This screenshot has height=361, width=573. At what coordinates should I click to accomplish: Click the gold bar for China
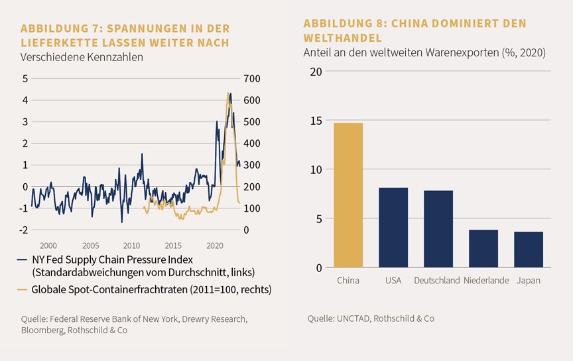pyautogui.click(x=348, y=195)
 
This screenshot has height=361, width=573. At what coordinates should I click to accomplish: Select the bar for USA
pyautogui.click(x=393, y=228)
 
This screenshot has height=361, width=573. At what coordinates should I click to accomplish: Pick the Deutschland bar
pyautogui.click(x=438, y=229)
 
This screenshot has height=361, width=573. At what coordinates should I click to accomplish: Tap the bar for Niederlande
pyautogui.click(x=483, y=249)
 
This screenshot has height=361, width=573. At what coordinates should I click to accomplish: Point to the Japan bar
pyautogui.click(x=529, y=250)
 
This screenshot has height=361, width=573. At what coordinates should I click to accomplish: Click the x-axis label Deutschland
pyautogui.click(x=436, y=281)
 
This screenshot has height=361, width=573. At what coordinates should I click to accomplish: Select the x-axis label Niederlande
pyautogui.click(x=486, y=281)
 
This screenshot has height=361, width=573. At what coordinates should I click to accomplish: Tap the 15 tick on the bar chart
pyautogui.click(x=316, y=121)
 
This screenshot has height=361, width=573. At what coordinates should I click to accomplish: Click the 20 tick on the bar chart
pyautogui.click(x=316, y=72)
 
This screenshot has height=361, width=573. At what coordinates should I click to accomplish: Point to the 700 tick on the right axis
pyautogui.click(x=252, y=79)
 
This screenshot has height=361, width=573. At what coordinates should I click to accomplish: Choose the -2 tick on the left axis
pyautogui.click(x=23, y=230)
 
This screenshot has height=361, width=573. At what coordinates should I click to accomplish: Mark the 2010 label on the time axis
pyautogui.click(x=131, y=246)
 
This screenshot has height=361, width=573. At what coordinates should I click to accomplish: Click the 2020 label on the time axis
pyautogui.click(x=215, y=246)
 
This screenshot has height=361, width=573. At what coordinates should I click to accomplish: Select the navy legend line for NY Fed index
pyautogui.click(x=22, y=259)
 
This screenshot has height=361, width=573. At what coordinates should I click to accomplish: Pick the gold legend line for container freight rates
pyautogui.click(x=22, y=290)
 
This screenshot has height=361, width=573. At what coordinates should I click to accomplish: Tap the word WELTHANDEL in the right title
pyautogui.click(x=342, y=38)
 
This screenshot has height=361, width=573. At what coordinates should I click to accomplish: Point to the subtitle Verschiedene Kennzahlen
pyautogui.click(x=82, y=58)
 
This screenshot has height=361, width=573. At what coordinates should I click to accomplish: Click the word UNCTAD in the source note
pyautogui.click(x=353, y=319)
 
